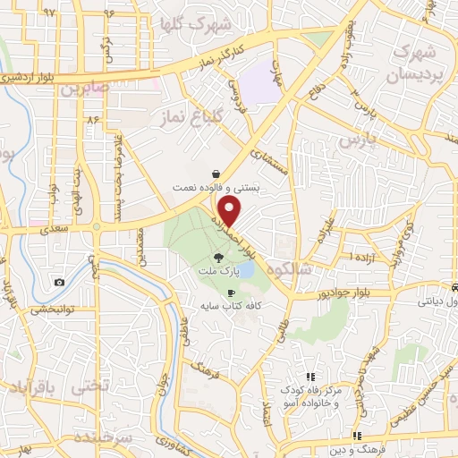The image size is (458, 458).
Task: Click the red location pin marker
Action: pos(231,212)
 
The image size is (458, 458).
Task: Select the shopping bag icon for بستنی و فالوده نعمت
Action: pos(216,174)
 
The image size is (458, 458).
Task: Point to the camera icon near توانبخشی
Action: pos(59,283)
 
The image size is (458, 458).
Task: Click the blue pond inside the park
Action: pos(247,267)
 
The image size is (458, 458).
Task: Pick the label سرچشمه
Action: pos(109,438)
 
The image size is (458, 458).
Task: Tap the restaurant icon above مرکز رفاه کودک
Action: pos(310,377)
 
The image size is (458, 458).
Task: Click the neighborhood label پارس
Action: pos(354,141)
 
